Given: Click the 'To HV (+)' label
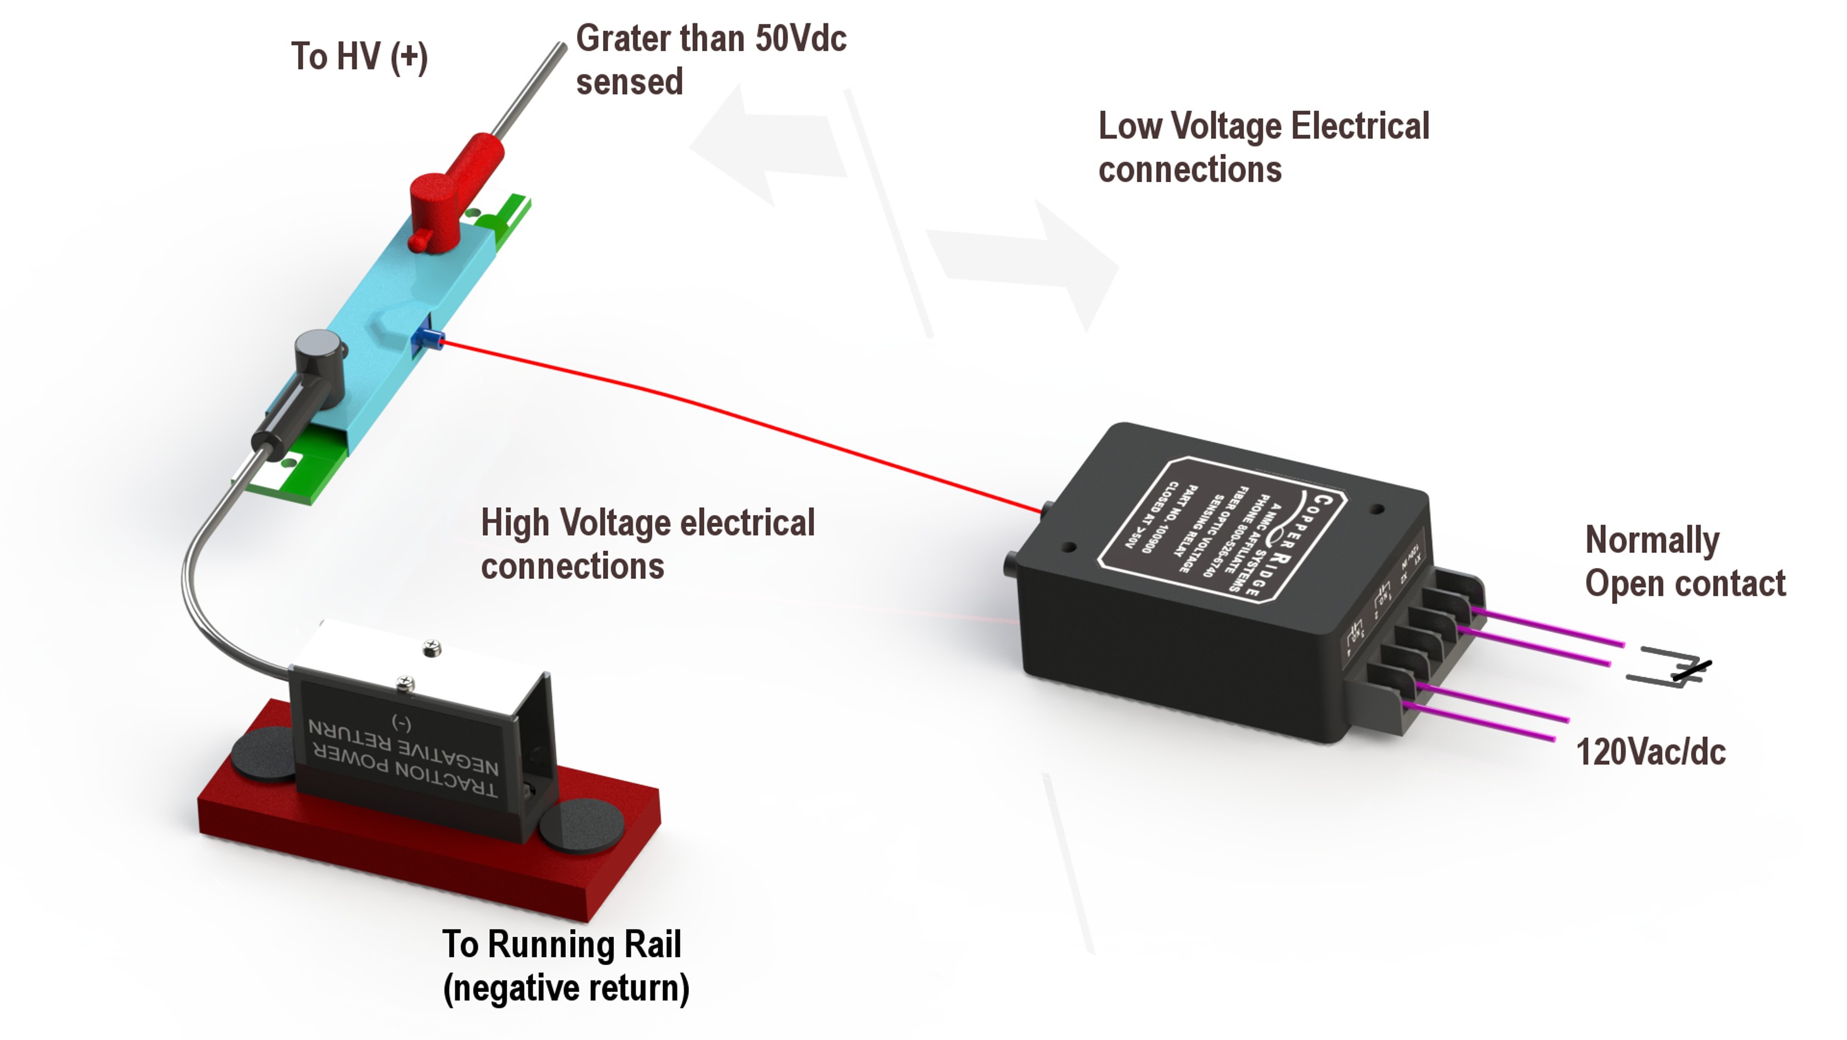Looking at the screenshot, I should (x=359, y=57).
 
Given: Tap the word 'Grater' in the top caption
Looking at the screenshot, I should (x=623, y=39).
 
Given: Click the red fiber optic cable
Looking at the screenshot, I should (x=717, y=409).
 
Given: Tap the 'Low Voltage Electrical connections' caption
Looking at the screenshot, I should (x=1262, y=148).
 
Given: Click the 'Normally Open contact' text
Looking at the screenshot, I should (x=1683, y=562).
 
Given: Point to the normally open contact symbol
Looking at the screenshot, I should (x=1671, y=670).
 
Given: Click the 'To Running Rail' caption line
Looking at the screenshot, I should (x=561, y=944).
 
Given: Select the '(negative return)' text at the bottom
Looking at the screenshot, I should (x=566, y=988).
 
